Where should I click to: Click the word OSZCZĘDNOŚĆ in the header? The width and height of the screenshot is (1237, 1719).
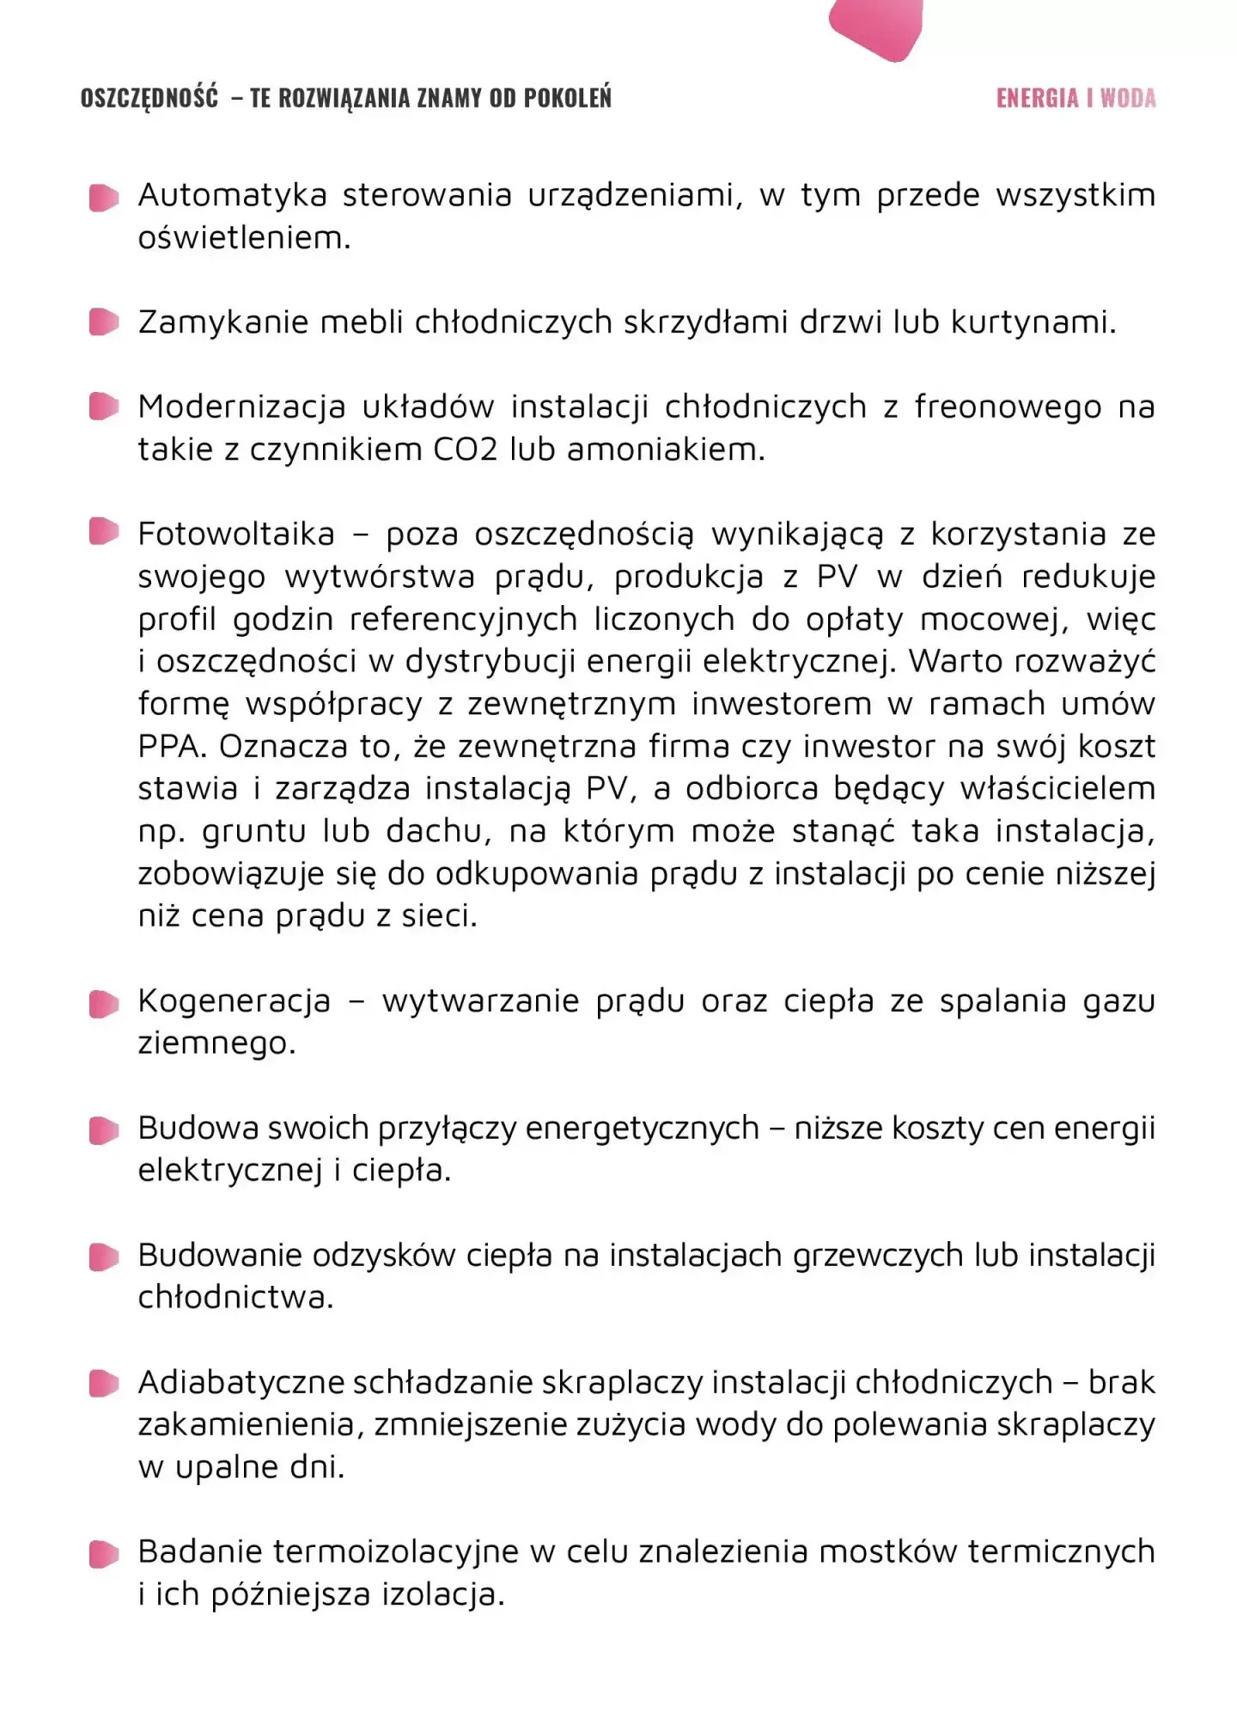pos(149,98)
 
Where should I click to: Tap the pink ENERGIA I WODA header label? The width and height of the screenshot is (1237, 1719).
pos(1076,98)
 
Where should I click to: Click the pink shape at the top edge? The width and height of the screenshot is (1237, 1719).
pos(876,27)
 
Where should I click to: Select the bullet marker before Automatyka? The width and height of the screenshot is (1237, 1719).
pos(103,198)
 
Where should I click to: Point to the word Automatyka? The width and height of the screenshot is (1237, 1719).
pos(232,196)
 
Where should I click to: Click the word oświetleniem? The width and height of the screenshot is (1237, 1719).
pos(244,238)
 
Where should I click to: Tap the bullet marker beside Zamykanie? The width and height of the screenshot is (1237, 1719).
pos(103,323)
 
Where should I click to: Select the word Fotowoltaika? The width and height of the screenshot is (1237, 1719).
pos(236,534)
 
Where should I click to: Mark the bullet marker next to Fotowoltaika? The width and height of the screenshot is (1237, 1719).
pos(103,532)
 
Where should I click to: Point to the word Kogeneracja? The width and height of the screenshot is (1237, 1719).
pos(235,1001)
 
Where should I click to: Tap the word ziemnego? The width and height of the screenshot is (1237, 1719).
pos(216,1043)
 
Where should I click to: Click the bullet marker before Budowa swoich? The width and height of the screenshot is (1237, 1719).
pos(103,1130)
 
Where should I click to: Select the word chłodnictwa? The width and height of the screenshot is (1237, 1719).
pos(235,1297)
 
